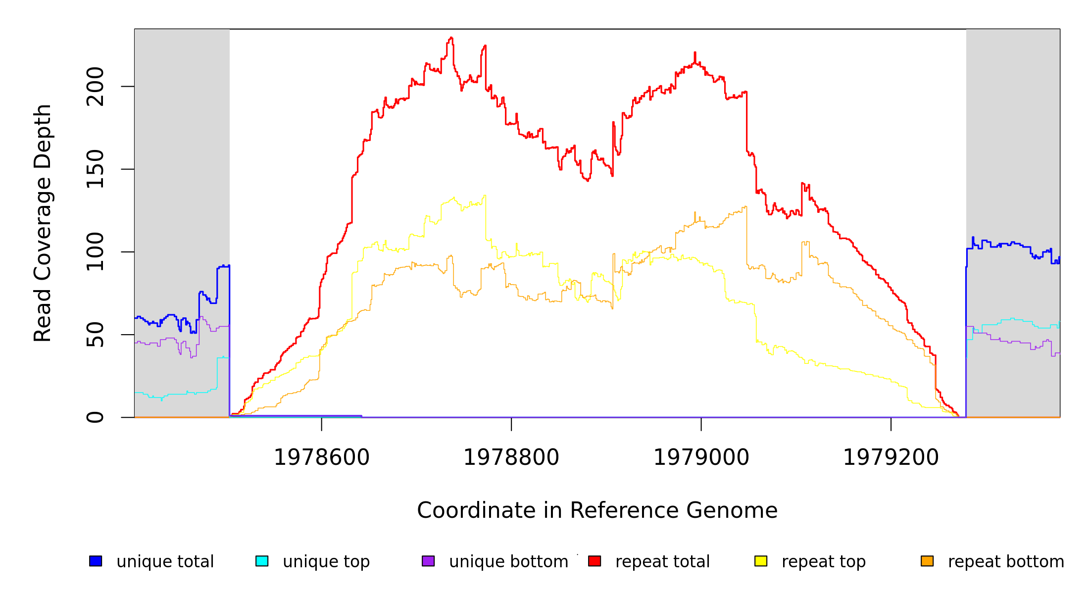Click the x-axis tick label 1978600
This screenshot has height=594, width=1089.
322,457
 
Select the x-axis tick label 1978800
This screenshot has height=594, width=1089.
511,457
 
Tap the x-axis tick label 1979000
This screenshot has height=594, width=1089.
701,457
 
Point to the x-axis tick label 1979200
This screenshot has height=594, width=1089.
891,457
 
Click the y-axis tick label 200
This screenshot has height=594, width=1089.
95,87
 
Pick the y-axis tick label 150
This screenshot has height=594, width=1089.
95,169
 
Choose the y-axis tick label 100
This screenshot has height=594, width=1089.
95,252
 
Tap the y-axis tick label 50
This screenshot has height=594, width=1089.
95,335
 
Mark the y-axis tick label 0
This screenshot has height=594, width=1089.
95,417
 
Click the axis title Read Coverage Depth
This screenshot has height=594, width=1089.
43,223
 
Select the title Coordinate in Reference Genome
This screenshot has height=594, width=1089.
597,510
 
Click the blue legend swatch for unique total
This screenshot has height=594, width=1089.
96,561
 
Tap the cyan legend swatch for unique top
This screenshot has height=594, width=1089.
262,561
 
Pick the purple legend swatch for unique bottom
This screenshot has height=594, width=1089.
428,561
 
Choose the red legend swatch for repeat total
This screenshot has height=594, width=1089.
594,561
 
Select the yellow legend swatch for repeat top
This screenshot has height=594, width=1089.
761,561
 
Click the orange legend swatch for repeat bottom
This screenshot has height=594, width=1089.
927,561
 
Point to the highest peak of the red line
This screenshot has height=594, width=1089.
451,38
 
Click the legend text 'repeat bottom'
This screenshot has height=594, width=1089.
1006,561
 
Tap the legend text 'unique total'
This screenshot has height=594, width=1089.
165,561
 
